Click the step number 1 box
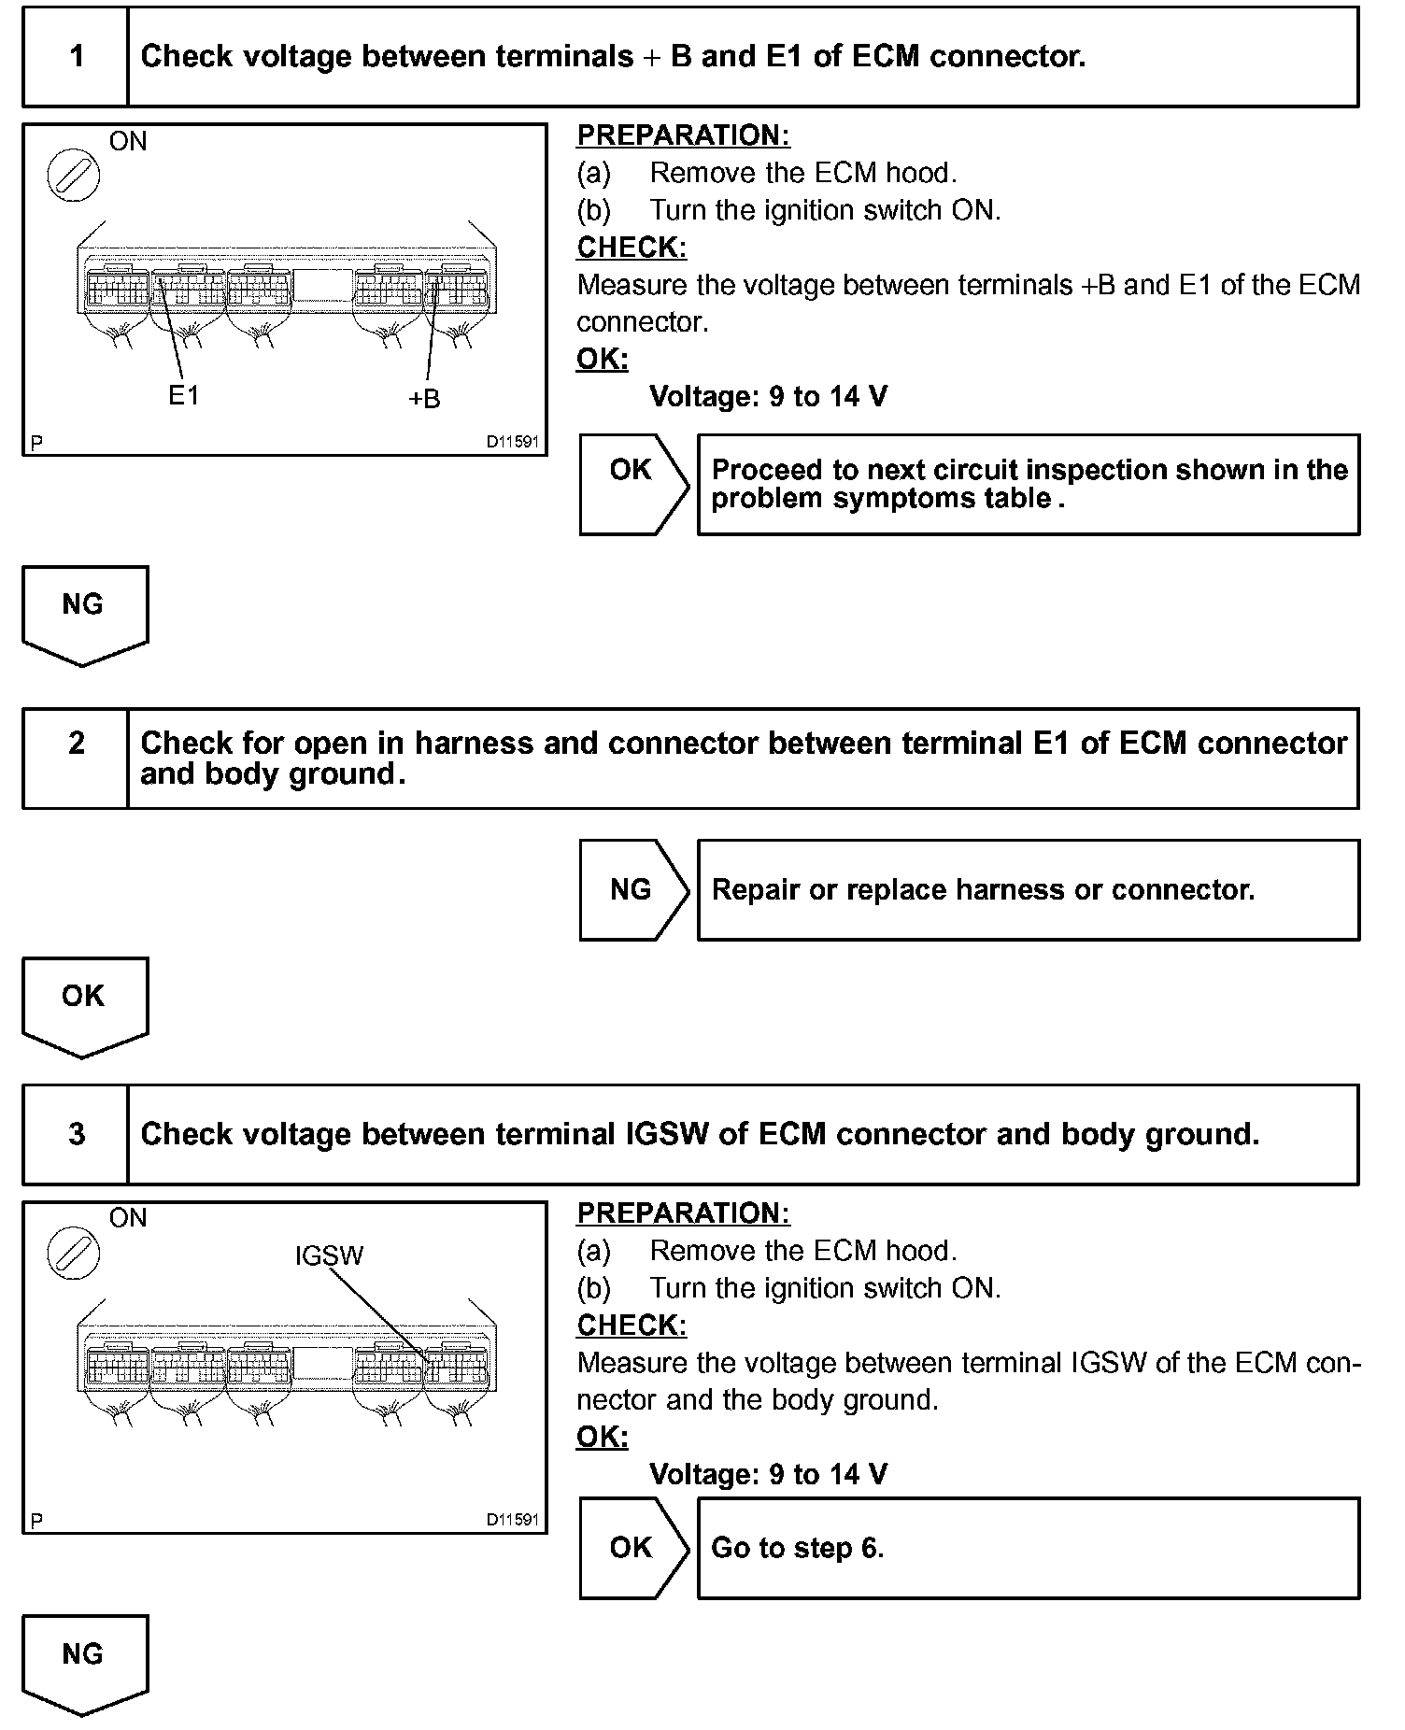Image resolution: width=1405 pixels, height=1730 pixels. (76, 57)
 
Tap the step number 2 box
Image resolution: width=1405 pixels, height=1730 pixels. (76, 758)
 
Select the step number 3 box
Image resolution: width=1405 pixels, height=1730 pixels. (76, 1135)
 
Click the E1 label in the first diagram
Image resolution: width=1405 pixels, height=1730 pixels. (184, 396)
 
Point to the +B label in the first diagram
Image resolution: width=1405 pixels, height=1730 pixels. (424, 399)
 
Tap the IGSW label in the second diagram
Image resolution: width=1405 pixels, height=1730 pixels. (329, 1255)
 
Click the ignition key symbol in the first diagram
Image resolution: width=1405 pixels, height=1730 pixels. (73, 176)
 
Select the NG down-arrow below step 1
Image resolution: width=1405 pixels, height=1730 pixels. (84, 613)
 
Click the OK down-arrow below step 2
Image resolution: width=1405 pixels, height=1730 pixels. (84, 1004)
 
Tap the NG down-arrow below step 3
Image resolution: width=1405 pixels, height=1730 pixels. (84, 1664)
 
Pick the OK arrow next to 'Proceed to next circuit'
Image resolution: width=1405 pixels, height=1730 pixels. (633, 484)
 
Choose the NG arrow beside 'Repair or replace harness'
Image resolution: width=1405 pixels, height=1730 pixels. (633, 889)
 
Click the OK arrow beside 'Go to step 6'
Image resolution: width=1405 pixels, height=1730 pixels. (633, 1548)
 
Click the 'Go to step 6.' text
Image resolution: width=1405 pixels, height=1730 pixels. (797, 1548)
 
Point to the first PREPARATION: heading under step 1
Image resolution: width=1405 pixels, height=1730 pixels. (683, 135)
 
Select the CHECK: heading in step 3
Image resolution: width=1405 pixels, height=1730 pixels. (632, 1325)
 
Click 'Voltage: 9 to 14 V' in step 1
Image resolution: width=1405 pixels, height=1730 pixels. (768, 397)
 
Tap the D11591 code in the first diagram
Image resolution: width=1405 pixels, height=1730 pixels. (512, 442)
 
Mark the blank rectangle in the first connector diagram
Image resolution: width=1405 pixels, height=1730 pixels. (323, 286)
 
